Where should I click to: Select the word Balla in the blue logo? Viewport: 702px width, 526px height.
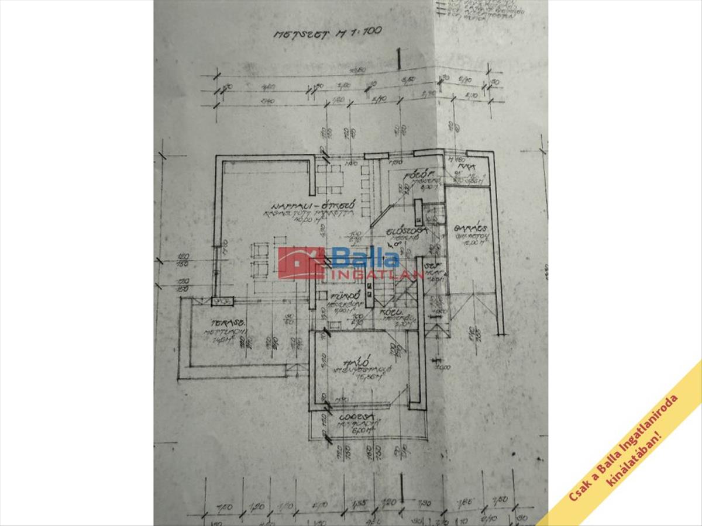(366, 257)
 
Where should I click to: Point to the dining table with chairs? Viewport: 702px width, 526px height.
(331, 179)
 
